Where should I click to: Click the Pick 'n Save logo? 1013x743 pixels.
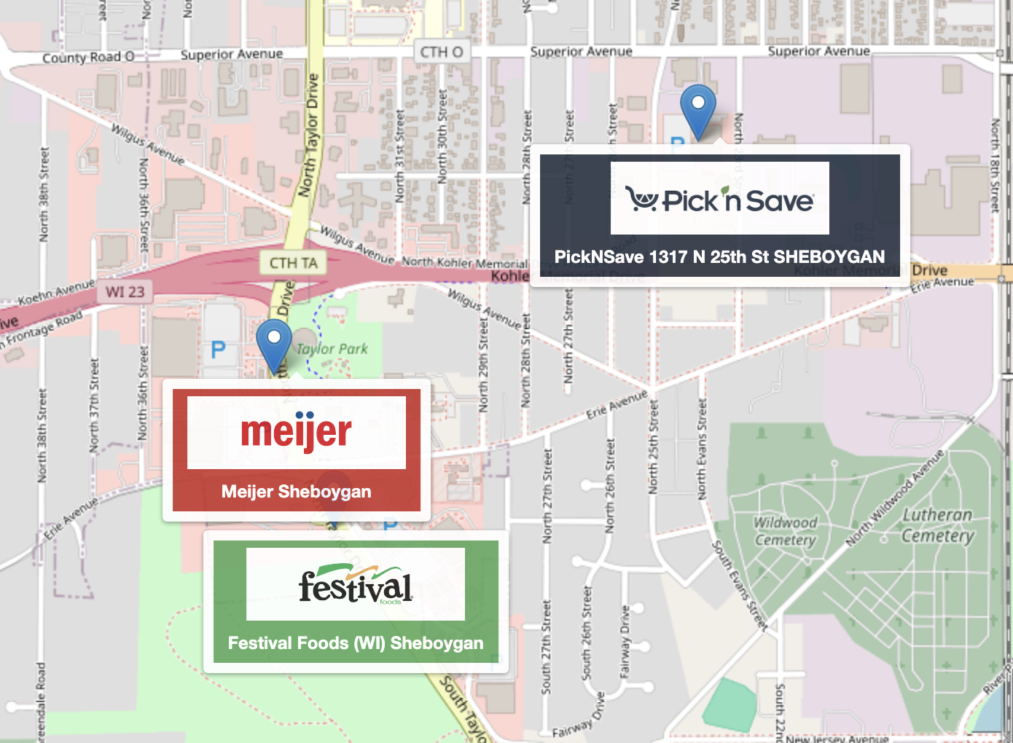pyautogui.click(x=719, y=199)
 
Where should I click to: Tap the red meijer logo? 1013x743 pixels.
pyautogui.click(x=296, y=432)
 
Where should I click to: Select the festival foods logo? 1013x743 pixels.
pyautogui.click(x=355, y=585)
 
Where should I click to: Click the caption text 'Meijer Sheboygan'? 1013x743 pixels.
pyautogui.click(x=296, y=492)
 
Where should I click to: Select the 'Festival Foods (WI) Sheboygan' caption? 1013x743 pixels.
pyautogui.click(x=355, y=643)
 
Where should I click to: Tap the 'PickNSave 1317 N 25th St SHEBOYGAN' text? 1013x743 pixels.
pyautogui.click(x=719, y=257)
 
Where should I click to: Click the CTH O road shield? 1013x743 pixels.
pyautogui.click(x=442, y=52)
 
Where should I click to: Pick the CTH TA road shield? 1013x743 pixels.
pyautogui.click(x=293, y=263)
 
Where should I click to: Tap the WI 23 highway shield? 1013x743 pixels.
pyautogui.click(x=125, y=292)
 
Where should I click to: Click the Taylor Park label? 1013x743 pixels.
pyautogui.click(x=332, y=349)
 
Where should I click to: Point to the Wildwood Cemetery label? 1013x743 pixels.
pyautogui.click(x=785, y=531)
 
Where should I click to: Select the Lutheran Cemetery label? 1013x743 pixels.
pyautogui.click(x=937, y=525)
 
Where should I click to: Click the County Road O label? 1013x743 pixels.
pyautogui.click(x=88, y=58)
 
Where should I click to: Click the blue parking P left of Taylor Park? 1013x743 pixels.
pyautogui.click(x=218, y=350)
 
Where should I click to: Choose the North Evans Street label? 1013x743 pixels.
pyautogui.click(x=702, y=449)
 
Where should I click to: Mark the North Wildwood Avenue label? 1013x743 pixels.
pyautogui.click(x=894, y=498)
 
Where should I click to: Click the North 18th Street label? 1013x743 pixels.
pyautogui.click(x=995, y=166)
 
